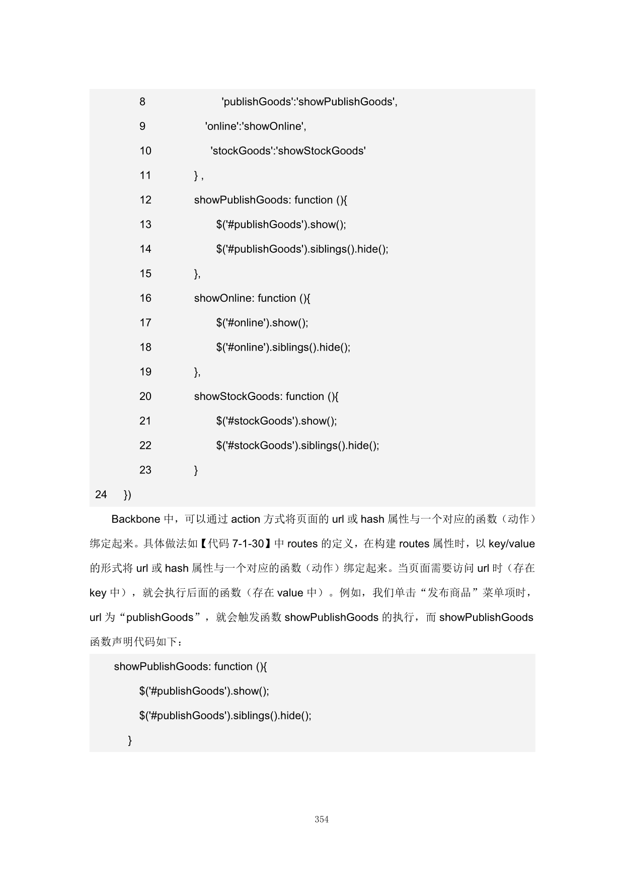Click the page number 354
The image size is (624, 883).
[x=322, y=819]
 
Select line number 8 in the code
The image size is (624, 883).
[x=142, y=102]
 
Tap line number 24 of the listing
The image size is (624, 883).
[x=101, y=495]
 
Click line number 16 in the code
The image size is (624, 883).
[x=145, y=298]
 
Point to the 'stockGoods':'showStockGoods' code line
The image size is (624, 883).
[x=288, y=151]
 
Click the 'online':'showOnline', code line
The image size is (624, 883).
[x=256, y=126]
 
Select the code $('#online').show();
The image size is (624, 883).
[x=262, y=323]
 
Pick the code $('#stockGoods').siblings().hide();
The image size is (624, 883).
[x=297, y=446]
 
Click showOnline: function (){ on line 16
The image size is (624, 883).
[x=252, y=298]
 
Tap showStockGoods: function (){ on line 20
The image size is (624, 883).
[x=266, y=396]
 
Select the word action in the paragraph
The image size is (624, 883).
[x=246, y=519]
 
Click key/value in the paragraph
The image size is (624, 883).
[x=511, y=544]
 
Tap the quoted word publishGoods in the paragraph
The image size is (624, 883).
[x=160, y=618]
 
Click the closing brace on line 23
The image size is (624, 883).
[x=196, y=470]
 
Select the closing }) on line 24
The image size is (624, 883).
[x=127, y=495]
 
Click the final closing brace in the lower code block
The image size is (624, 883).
[x=130, y=740]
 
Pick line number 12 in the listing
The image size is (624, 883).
[x=145, y=200]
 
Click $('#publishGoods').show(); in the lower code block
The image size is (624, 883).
[x=204, y=691]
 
